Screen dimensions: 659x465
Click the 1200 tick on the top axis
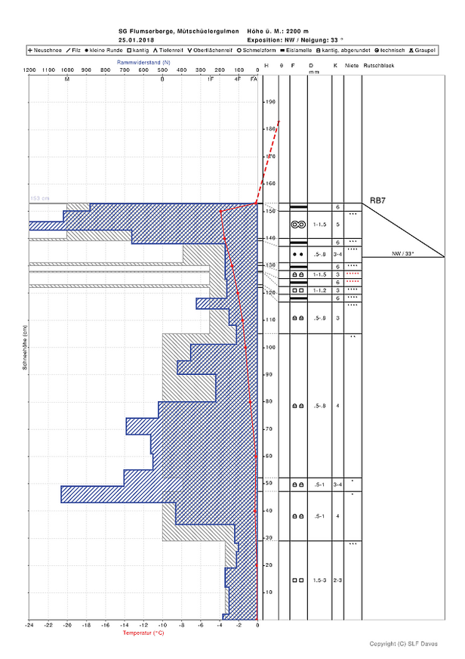click(29, 69)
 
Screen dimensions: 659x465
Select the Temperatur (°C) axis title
click(143, 633)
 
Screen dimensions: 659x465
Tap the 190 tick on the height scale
click(269, 102)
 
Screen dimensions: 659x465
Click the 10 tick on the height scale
click(268, 592)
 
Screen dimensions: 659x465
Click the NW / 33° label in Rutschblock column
click(405, 253)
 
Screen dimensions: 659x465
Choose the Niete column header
click(352, 67)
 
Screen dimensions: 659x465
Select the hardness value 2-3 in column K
click(337, 580)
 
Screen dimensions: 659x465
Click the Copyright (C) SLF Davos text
click(403, 644)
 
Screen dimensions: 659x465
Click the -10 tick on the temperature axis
click(162, 626)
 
